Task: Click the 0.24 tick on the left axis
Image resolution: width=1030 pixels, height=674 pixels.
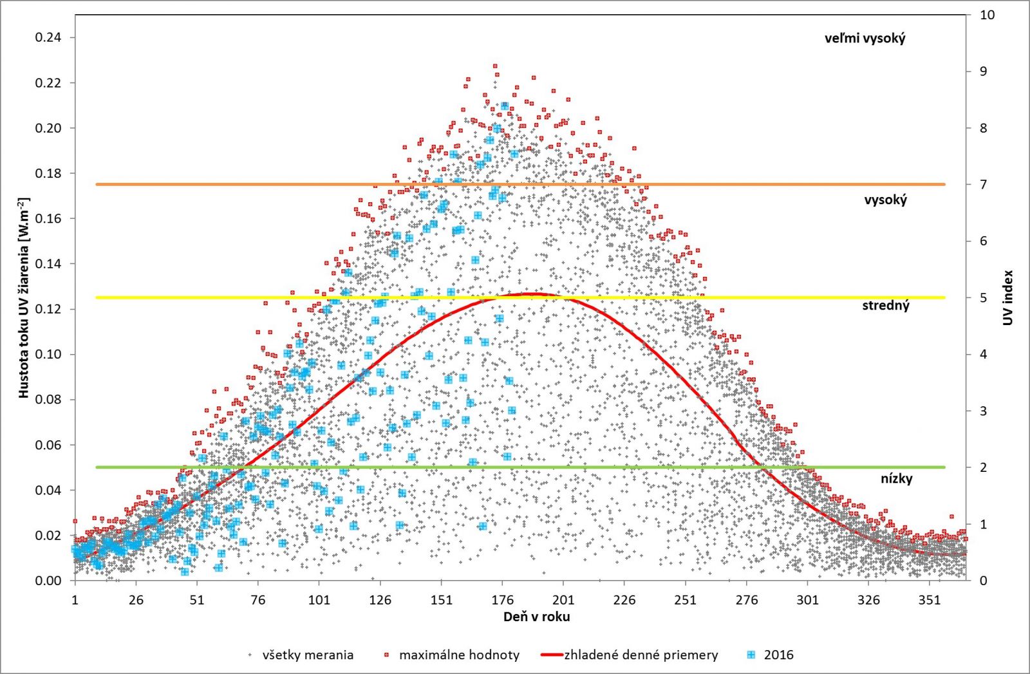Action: [x=48, y=37]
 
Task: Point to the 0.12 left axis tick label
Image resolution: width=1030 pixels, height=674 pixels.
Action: [x=48, y=309]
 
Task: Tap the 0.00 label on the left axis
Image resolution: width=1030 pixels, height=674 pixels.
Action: [x=48, y=581]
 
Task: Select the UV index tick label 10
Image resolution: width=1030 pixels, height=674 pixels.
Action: [x=987, y=15]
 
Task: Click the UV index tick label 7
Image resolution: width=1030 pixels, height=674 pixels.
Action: [x=983, y=185]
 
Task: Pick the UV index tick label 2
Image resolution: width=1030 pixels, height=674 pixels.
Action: [x=983, y=467]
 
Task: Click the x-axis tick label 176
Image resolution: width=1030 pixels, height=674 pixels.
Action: [x=502, y=600]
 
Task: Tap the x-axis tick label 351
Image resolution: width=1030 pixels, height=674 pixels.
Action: [x=930, y=600]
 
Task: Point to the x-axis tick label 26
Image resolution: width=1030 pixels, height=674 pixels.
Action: [x=136, y=600]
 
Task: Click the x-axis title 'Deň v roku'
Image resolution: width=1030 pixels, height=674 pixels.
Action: [x=536, y=617]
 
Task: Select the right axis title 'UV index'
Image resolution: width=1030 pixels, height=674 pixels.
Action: [x=1008, y=297]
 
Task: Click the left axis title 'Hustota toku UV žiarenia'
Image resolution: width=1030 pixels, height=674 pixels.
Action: [x=24, y=297]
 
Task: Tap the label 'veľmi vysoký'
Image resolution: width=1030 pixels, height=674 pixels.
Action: [x=865, y=39]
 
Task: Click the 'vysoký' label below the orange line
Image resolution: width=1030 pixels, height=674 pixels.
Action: [x=885, y=200]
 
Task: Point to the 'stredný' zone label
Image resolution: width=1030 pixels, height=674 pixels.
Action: [x=886, y=306]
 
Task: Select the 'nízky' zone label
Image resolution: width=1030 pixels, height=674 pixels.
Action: [x=896, y=478]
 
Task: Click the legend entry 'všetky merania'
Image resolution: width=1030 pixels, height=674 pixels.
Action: [x=308, y=655]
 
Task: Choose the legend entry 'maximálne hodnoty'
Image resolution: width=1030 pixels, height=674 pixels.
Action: [x=459, y=655]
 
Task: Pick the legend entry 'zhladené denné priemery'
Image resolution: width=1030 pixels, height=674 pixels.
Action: [x=641, y=655]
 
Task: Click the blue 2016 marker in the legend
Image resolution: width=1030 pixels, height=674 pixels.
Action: [x=751, y=655]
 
